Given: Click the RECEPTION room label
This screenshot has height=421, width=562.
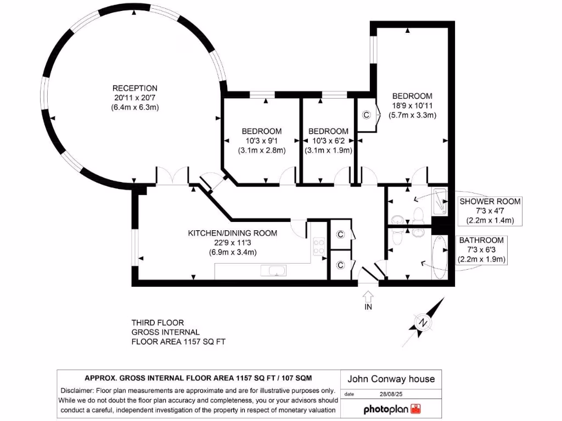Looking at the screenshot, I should coord(134,88).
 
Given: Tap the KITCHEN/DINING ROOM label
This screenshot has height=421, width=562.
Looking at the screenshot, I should coord(232,233).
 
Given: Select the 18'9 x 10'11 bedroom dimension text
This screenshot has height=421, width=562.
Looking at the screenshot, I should coord(412,106).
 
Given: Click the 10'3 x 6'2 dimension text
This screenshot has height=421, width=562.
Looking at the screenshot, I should coord(328,141).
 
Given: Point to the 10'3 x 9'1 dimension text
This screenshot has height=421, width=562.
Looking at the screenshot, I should coord(262,141).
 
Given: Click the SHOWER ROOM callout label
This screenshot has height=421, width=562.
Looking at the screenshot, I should coord(490,202).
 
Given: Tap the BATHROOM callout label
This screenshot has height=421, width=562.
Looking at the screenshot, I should coord(481,240).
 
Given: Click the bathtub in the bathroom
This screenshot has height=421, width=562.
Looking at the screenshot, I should coord(439,258).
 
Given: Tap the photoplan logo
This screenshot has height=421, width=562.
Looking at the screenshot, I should coord(391,409).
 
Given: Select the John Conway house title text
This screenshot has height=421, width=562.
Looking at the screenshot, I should coord(391,379).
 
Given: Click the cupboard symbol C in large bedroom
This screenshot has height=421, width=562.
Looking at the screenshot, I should coord(367,115).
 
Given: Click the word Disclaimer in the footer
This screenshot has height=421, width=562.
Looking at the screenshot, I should coord(79,391).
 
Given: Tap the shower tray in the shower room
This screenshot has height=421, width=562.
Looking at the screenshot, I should coord(440,200).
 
